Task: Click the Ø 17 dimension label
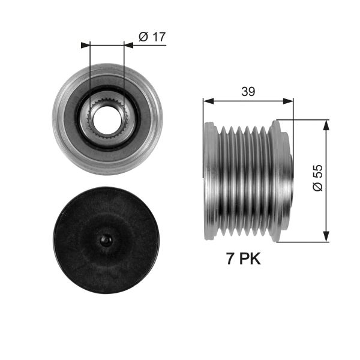point(152,37)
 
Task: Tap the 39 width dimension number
point(248,91)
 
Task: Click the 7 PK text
point(244,259)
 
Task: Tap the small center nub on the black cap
point(106,240)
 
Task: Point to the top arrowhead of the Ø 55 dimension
point(326,124)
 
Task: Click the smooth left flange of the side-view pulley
point(210,180)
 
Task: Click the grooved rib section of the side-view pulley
point(246,180)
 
